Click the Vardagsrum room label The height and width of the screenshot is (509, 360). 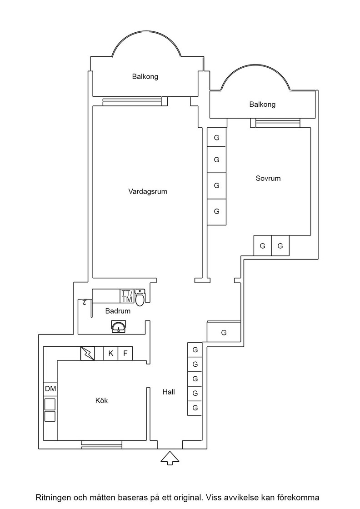point(148,191)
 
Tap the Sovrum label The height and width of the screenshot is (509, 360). point(268,178)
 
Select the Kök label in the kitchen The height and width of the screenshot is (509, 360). point(102,400)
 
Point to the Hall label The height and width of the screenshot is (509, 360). point(169,392)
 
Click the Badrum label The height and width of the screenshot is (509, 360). point(118,311)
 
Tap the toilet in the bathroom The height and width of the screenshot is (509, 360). point(140,297)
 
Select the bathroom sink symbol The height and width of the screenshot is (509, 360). point(119,327)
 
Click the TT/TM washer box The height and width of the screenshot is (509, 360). point(127,296)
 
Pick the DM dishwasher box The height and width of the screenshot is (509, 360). point(50,389)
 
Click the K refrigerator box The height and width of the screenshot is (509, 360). point(111,353)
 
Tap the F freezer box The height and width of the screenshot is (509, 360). point(125,353)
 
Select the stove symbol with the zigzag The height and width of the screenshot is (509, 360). point(88,353)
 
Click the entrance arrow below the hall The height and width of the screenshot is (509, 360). point(170,458)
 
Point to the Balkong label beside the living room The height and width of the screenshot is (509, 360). point(145,77)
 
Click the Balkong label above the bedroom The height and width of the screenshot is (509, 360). point(262,104)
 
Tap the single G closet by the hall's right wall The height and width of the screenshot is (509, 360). point(224,332)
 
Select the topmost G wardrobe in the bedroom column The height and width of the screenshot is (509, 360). point(216,137)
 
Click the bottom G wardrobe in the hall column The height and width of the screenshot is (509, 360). point(195,408)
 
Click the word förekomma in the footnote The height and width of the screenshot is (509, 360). point(302,497)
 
